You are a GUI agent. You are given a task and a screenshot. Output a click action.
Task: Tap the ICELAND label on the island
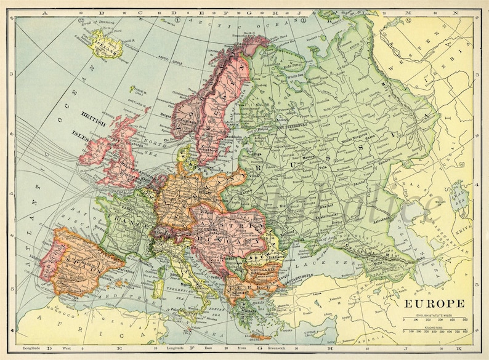click(104, 42)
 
